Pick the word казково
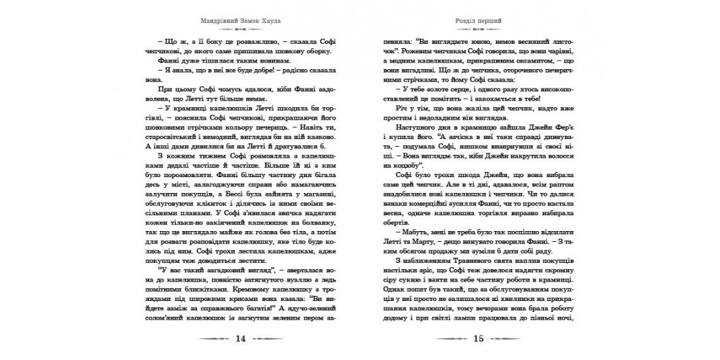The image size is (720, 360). click(x=299, y=146)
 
